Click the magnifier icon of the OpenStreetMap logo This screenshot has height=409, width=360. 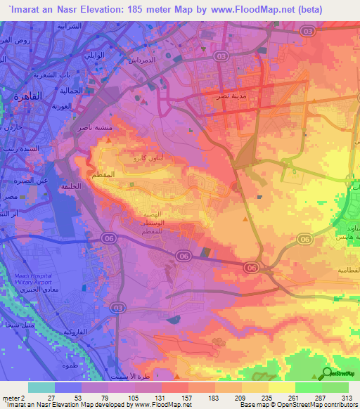point(327,375)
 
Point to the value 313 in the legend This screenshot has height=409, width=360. point(347,397)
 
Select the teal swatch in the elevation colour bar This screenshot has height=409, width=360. point(41,387)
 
